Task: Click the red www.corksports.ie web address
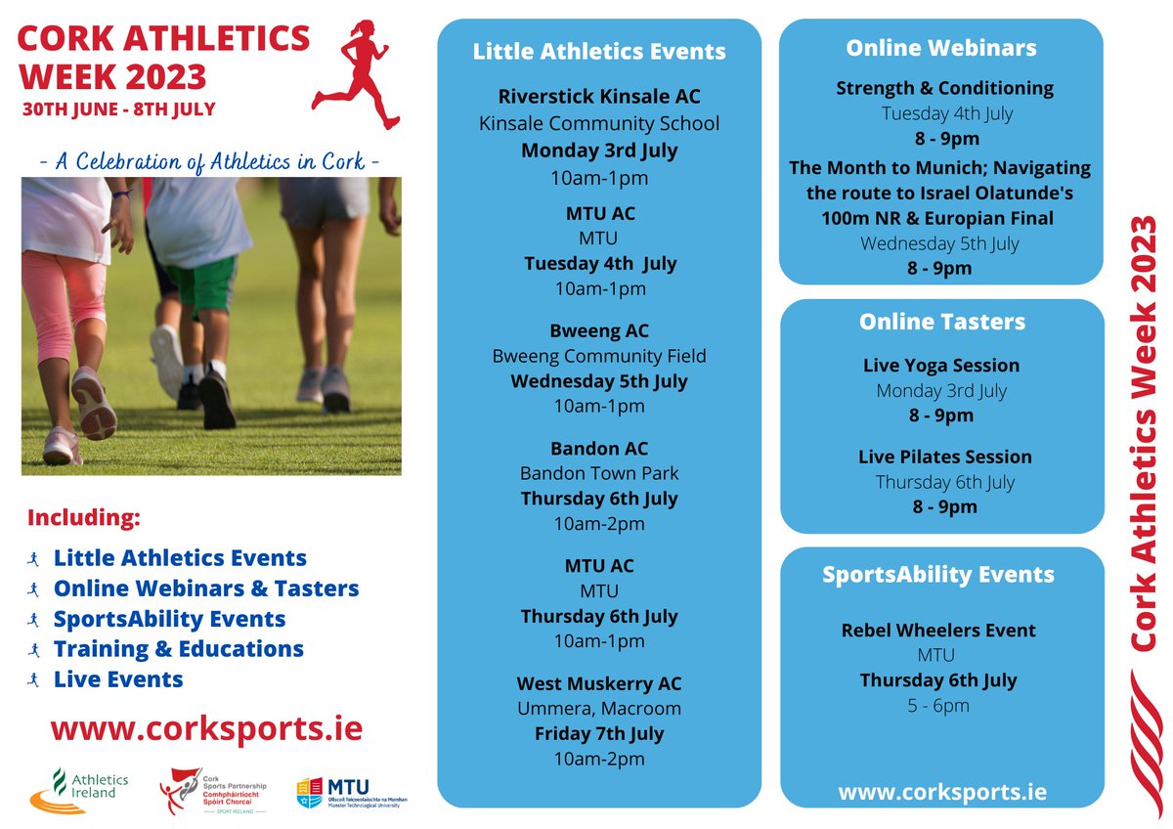click(206, 728)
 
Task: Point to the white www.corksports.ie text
click(941, 791)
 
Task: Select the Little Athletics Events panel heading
click(599, 51)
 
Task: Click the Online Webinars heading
click(941, 48)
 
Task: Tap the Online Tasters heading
click(941, 322)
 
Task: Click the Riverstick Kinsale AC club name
click(599, 97)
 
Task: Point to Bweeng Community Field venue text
click(599, 356)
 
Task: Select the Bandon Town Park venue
click(599, 473)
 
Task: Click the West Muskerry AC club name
click(599, 683)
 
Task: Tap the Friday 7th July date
click(599, 733)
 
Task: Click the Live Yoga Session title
click(941, 366)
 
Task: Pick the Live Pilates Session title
click(944, 457)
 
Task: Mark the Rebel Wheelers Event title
click(938, 631)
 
